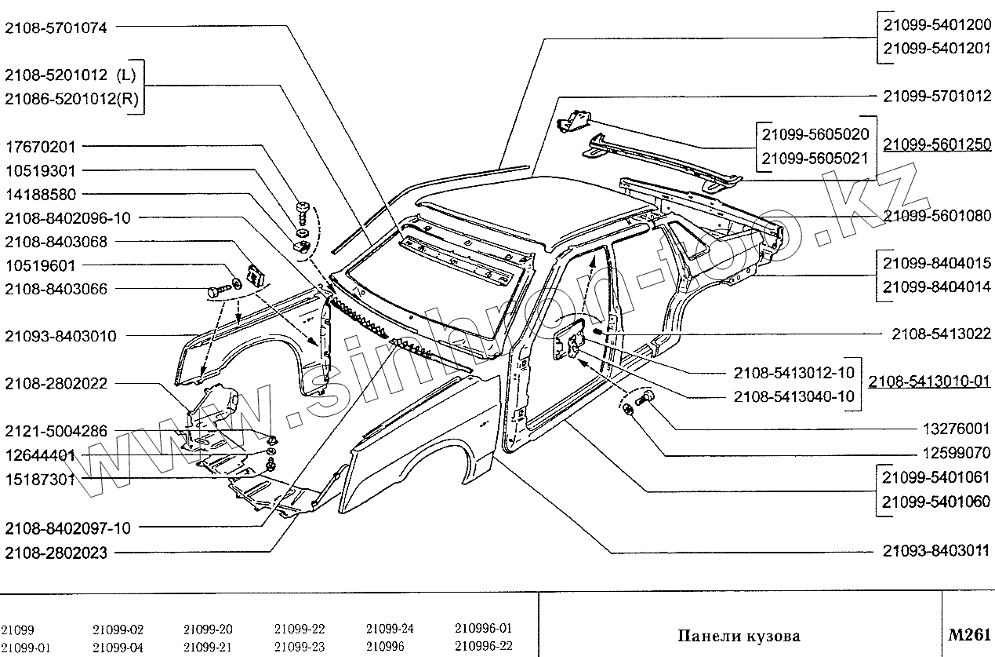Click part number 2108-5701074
[x=56, y=27]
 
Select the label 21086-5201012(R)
[x=71, y=98]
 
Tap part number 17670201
[x=41, y=147]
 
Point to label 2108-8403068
[x=56, y=242]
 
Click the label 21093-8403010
[x=60, y=336]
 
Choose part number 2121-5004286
[x=56, y=431]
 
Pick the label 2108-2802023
[x=56, y=553]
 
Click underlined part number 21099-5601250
[x=937, y=144]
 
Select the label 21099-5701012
[x=937, y=96]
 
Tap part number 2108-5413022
[x=941, y=334]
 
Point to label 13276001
[x=957, y=429]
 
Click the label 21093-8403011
[x=936, y=551]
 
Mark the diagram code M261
[x=969, y=635]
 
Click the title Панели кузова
[x=739, y=636]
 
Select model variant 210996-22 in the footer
[x=483, y=645]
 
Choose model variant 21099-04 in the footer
[x=118, y=647]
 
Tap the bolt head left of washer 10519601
[x=215, y=292]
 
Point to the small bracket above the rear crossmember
[x=575, y=121]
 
